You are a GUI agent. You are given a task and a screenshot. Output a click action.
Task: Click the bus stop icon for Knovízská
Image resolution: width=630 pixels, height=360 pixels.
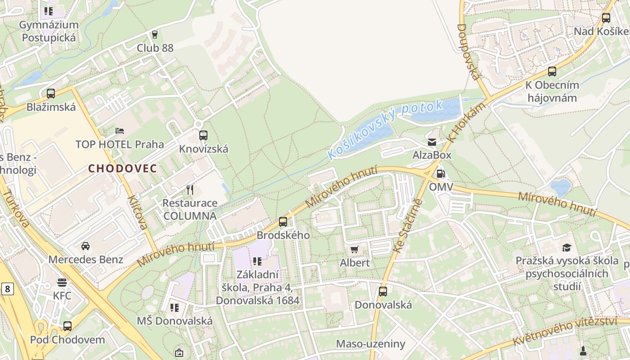click(203, 135)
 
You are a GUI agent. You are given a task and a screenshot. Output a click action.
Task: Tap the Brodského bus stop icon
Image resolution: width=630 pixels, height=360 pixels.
click(283, 221)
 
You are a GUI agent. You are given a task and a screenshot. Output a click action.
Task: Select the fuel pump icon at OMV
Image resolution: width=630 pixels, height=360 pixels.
click(441, 173)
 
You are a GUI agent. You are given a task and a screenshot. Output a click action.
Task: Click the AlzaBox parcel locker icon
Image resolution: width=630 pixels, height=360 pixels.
click(432, 142)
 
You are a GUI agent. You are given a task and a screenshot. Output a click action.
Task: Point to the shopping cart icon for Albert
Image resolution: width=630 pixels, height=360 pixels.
click(355, 249)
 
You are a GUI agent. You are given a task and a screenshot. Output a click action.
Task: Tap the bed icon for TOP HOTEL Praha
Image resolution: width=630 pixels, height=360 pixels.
click(120, 131)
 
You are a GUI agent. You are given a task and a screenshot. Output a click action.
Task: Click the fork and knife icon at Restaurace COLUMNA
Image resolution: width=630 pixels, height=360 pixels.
click(190, 190)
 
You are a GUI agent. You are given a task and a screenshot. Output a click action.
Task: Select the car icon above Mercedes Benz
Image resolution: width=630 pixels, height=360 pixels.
click(85, 246)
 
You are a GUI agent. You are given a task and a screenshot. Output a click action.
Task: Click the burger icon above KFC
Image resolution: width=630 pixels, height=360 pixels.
click(62, 282)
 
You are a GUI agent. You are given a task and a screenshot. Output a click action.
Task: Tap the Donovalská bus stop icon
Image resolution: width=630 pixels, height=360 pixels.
click(383, 292)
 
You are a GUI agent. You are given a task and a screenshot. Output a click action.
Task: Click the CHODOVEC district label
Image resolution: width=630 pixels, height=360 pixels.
click(122, 169)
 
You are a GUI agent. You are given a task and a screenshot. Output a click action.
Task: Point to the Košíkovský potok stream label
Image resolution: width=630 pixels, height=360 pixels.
click(385, 129)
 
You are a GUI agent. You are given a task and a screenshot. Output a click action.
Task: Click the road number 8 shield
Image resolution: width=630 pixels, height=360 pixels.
click(7, 288)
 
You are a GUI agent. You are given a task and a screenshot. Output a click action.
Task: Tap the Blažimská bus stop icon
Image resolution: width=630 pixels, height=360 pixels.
click(51, 94)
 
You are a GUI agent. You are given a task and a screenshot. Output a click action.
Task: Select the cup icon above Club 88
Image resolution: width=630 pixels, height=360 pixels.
click(155, 35)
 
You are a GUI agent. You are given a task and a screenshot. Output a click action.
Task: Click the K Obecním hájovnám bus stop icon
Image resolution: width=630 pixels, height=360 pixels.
click(552, 72)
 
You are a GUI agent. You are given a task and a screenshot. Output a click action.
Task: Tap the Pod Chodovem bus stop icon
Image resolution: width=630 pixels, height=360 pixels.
click(67, 326)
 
